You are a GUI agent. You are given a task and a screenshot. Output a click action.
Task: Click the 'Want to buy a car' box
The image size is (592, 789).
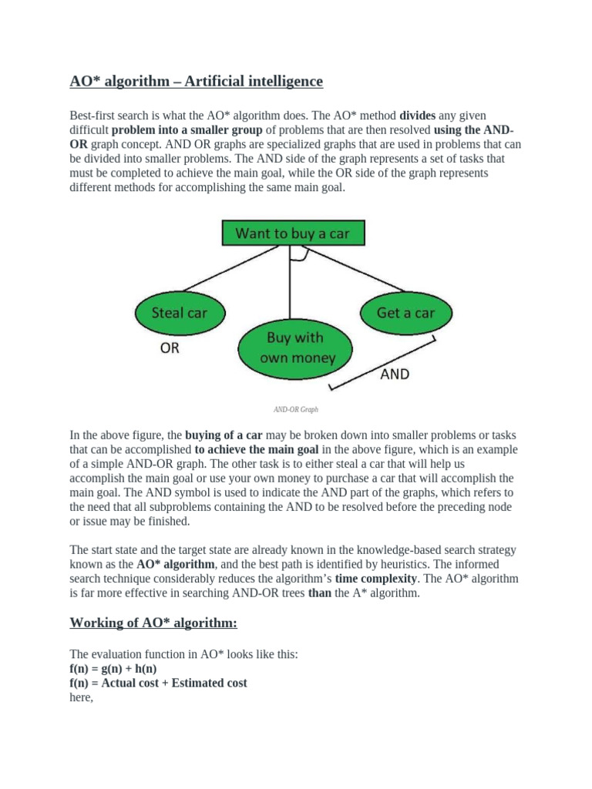coord(292,233)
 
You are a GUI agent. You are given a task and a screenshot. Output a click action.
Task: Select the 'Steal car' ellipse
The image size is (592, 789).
coord(179,313)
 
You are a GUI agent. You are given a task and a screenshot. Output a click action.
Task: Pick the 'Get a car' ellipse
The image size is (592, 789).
coord(405,313)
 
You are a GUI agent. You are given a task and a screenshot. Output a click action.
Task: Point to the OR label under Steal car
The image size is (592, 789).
coord(170,348)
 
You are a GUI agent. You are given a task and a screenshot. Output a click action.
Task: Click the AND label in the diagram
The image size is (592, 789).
coord(395,374)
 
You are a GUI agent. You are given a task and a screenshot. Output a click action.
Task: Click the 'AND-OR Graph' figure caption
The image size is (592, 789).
coord(295,410)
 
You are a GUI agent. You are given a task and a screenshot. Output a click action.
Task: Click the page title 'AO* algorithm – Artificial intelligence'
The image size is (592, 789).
coord(197,81)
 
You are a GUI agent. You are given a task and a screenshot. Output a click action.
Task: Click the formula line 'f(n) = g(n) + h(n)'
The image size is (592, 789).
coord(113,669)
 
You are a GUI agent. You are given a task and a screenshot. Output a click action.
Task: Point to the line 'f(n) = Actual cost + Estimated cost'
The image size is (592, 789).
coord(158,683)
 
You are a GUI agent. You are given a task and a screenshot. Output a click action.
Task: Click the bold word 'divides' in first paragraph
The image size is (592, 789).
coord(418,116)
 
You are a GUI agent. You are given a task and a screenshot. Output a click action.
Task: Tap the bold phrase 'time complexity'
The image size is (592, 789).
coord(376,578)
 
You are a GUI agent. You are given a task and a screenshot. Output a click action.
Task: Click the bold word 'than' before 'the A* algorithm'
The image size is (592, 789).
coord(318,593)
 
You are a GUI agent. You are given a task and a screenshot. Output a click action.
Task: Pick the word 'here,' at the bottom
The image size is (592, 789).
coord(81,697)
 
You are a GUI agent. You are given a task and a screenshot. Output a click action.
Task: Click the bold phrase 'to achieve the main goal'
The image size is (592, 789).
coord(256,449)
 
